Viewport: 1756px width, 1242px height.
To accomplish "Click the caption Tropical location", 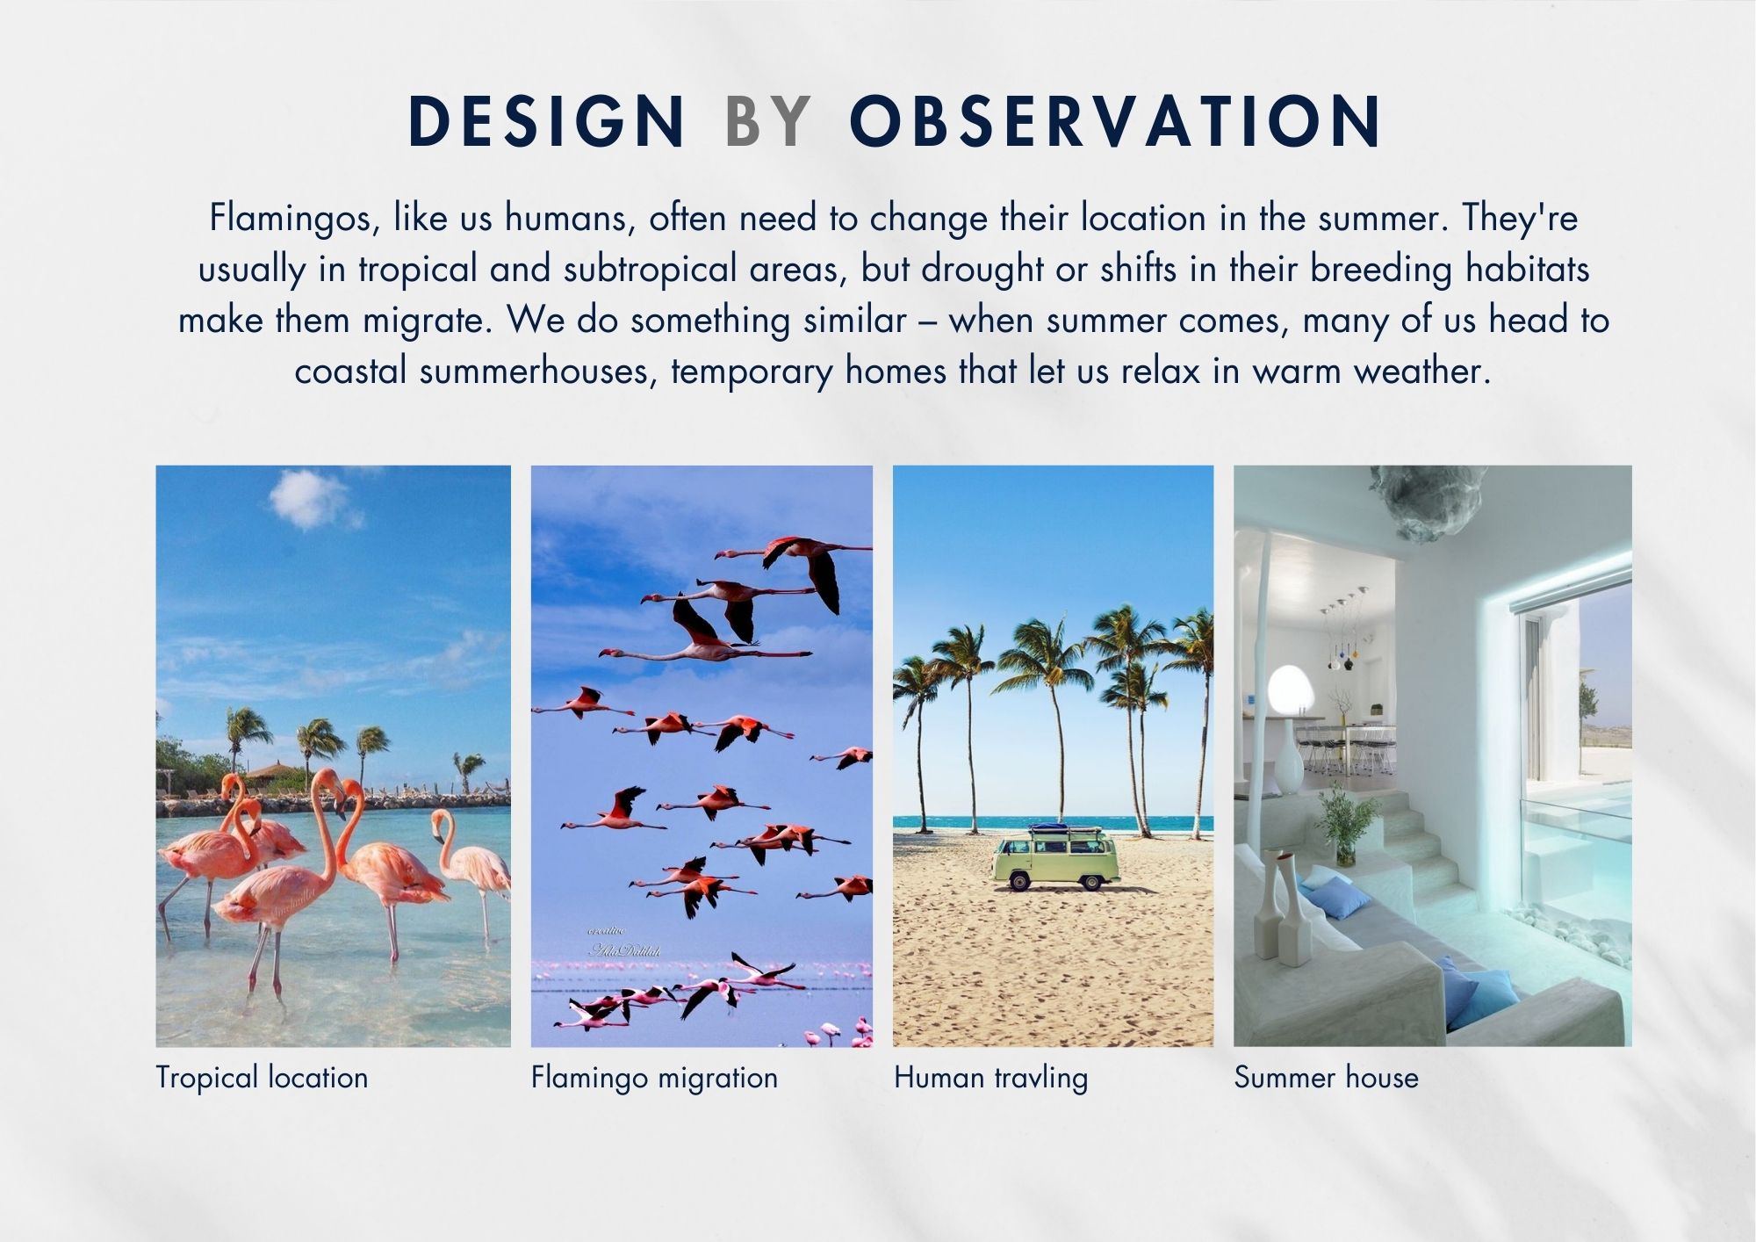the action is [262, 1078].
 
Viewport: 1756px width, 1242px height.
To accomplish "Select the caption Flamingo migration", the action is [654, 1078].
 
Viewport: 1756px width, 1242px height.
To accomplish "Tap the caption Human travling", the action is [990, 1078].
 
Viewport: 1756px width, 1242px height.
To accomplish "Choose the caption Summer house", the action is [1326, 1077].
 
